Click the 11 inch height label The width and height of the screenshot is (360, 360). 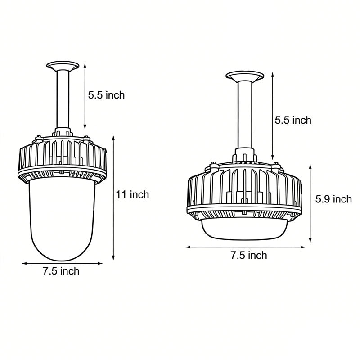132,195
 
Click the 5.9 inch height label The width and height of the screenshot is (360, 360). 333,198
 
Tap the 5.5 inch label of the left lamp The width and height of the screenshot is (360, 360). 106,95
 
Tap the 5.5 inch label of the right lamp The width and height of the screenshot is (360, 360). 293,120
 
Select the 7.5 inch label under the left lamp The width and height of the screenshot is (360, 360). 61,271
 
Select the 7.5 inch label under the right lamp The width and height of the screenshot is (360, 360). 248,256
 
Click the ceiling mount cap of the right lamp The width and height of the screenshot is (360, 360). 244,76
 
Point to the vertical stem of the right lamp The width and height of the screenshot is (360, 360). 244,117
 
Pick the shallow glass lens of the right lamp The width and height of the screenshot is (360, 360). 243,227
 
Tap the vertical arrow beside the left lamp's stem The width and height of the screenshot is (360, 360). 85,96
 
